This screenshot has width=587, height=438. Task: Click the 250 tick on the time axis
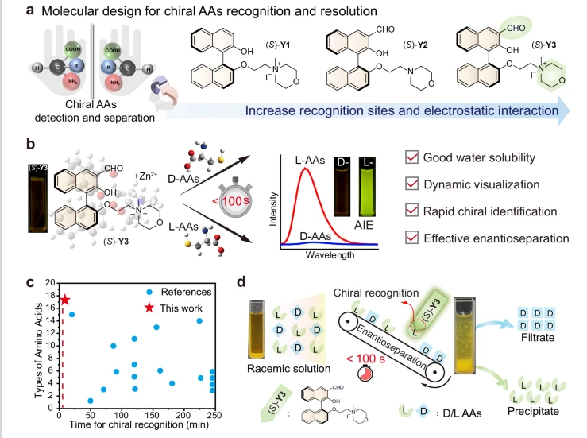point(211,417)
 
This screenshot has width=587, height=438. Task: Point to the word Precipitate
point(535,411)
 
